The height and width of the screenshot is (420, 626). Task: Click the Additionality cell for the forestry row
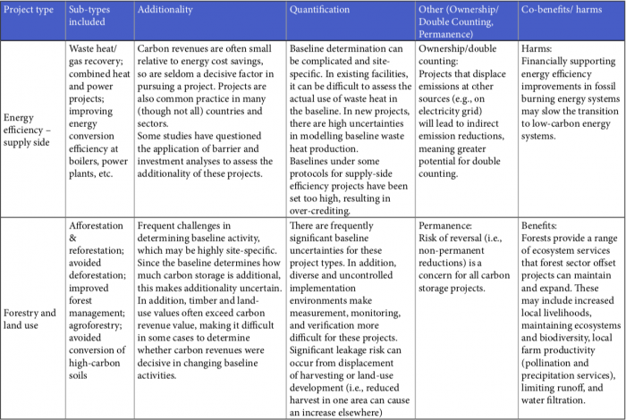[x=210, y=308]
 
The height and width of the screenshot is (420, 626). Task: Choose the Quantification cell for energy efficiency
[x=352, y=125]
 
